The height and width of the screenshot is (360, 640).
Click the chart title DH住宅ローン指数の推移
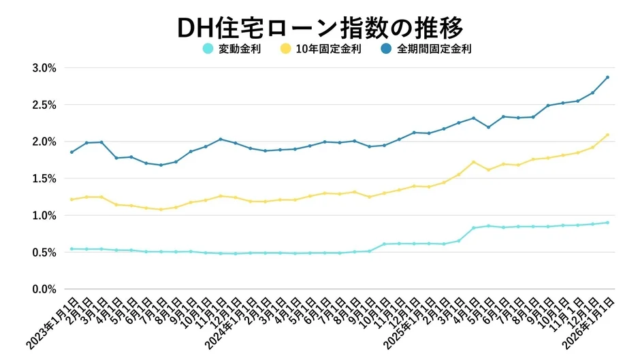pyautogui.click(x=319, y=27)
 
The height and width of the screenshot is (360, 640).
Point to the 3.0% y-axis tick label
pyautogui.click(x=44, y=68)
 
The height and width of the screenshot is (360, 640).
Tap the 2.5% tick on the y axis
pyautogui.click(x=44, y=105)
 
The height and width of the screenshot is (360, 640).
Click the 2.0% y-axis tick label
pyautogui.click(x=44, y=142)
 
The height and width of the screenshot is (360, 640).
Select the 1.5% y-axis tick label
pyautogui.click(x=44, y=178)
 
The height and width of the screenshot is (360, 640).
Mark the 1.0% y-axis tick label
pyautogui.click(x=44, y=215)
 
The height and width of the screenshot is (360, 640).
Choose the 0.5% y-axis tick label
pyautogui.click(x=44, y=252)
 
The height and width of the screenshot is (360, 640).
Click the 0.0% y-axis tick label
pyautogui.click(x=44, y=289)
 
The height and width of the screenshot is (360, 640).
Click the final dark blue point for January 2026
pyautogui.click(x=607, y=77)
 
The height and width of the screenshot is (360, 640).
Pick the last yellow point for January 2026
pyautogui.click(x=607, y=135)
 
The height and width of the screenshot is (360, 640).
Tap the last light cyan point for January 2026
pyautogui.click(x=607, y=223)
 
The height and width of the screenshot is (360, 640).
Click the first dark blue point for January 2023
pyautogui.click(x=71, y=152)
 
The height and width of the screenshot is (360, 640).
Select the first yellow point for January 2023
pyautogui.click(x=71, y=199)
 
